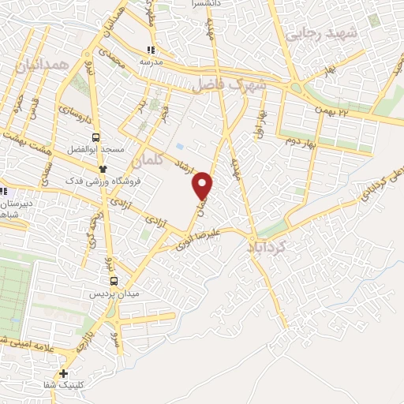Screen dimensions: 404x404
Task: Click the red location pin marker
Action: pos(203,185)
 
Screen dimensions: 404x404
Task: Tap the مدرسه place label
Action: pos(151,61)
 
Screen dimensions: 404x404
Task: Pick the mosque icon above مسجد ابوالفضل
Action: pos(102,168)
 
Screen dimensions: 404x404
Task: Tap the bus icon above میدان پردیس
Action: pos(114,281)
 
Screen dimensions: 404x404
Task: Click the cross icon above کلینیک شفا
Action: pos(64,373)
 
